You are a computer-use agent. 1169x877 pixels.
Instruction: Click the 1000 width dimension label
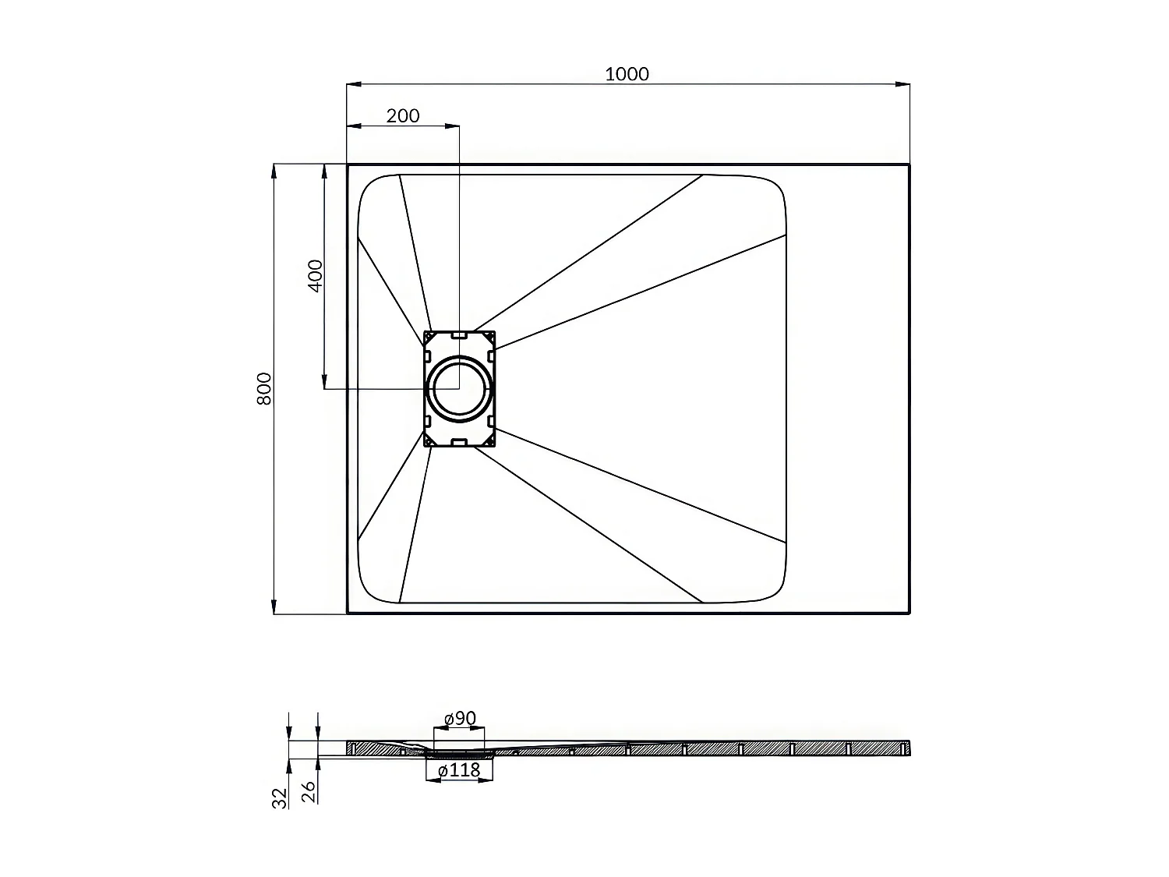point(627,74)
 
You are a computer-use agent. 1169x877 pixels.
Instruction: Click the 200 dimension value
point(403,116)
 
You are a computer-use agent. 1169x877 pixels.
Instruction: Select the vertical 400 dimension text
point(315,275)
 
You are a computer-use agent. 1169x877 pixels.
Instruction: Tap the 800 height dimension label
point(264,388)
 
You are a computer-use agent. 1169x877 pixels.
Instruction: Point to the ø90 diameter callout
point(460,719)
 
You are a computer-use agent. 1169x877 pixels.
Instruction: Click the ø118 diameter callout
point(460,771)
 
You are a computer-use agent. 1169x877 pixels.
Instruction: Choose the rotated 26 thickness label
point(308,793)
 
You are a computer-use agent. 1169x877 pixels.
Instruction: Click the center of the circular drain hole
point(459,388)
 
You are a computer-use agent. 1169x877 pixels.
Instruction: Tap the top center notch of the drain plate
point(459,335)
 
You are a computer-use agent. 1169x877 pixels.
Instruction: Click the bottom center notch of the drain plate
point(459,442)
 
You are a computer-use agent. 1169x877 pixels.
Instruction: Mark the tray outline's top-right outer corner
point(909,165)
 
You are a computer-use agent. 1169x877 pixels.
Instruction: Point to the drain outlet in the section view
point(460,753)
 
